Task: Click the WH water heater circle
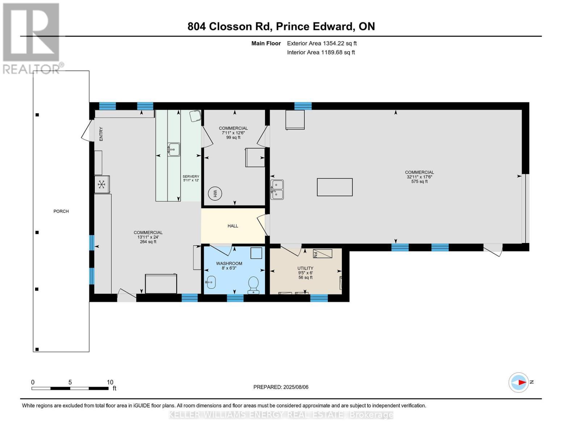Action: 215,193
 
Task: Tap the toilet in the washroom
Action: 254,284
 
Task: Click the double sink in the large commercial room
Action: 277,190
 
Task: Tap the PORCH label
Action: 61,211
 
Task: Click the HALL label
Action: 233,226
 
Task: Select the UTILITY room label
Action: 305,268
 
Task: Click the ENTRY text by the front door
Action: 101,134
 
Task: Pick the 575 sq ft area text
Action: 419,182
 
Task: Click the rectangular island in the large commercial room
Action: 335,187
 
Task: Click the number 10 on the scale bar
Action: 110,382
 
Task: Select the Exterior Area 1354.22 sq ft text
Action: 322,43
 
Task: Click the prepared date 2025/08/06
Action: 296,387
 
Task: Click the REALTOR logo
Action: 31,38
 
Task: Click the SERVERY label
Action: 191,176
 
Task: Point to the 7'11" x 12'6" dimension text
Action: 233,133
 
